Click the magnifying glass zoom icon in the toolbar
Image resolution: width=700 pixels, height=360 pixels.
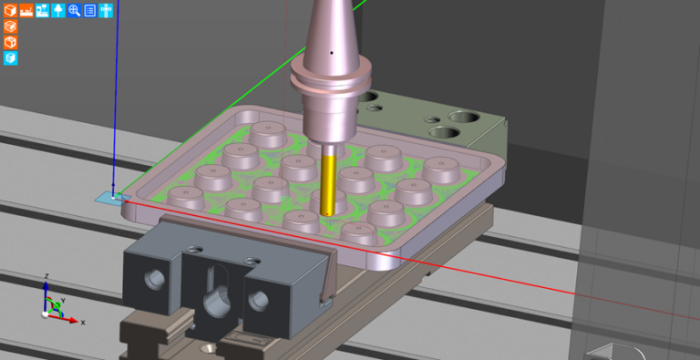(74, 10)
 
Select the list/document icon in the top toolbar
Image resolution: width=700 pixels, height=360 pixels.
(90, 10)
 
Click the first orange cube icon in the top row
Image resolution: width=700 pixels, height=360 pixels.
(10, 10)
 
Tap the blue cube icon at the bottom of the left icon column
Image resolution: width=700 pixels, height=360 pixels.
(10, 58)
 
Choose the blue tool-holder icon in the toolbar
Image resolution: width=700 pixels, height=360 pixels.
(58, 10)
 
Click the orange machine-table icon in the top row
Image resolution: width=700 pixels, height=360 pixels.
(26, 10)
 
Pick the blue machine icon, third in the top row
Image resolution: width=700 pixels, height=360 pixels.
(42, 10)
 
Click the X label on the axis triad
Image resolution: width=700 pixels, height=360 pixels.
(83, 322)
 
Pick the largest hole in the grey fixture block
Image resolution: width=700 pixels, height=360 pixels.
(463, 118)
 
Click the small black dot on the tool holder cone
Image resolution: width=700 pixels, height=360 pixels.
(332, 52)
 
